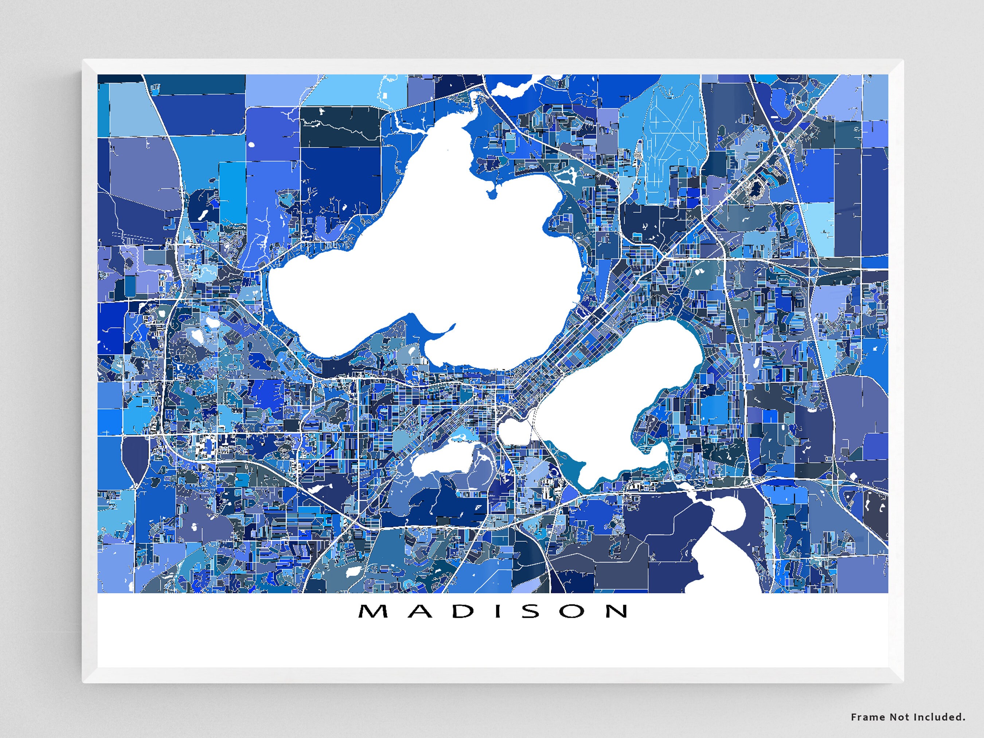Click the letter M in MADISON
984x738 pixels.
coord(373,611)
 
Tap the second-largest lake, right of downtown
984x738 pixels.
coord(623,401)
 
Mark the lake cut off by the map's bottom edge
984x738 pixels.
coord(725,574)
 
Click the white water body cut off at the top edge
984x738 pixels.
coord(512,89)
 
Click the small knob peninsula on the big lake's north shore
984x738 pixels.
coord(492,194)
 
